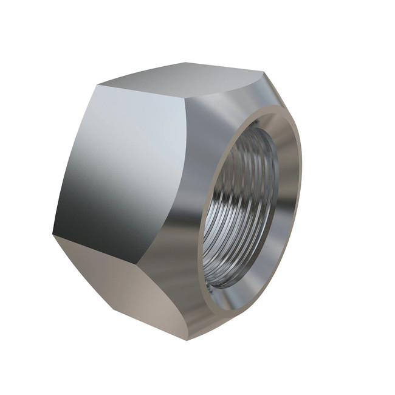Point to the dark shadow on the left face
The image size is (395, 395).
79,207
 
